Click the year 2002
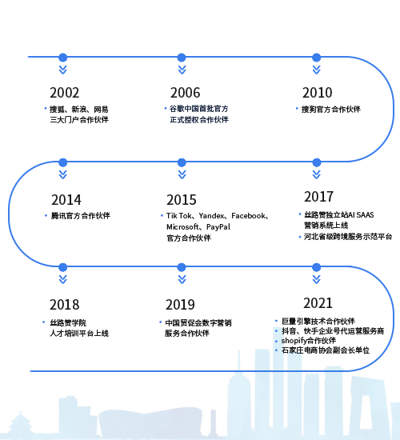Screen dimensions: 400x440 click(64, 93)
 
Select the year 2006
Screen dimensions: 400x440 click(186, 93)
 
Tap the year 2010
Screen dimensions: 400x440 click(317, 93)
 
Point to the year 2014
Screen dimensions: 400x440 click(66, 200)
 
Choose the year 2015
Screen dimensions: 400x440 click(182, 200)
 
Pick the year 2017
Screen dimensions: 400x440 click(319, 197)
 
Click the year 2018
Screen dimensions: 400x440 click(64, 305)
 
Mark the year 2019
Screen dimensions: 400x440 click(180, 305)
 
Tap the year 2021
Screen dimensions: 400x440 click(318, 303)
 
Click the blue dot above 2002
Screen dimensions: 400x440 click(63, 58)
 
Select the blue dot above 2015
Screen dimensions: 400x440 click(182, 162)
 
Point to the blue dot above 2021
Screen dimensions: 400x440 click(317, 267)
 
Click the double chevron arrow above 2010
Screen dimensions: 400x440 click(317, 70)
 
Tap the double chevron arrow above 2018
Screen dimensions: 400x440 click(63, 279)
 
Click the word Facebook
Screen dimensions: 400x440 click(248, 216)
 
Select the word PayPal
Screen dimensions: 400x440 click(218, 227)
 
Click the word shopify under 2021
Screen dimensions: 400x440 click(294, 341)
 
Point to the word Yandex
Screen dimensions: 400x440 click(211, 216)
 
